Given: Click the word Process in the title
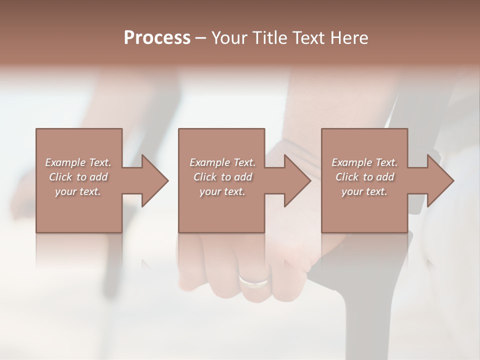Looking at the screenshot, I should tap(157, 37).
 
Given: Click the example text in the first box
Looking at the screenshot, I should tap(78, 177).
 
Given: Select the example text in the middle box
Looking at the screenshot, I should tap(222, 177).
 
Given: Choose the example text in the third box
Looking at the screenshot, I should tap(364, 177).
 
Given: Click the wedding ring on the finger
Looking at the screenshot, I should tap(254, 280).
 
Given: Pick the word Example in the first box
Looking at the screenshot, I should tap(65, 162).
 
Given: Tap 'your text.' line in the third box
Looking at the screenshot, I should tap(364, 191).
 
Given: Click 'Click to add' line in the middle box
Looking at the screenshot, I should tap(222, 177).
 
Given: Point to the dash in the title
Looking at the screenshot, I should tap(200, 38).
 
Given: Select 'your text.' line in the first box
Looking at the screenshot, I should tap(78, 191).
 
